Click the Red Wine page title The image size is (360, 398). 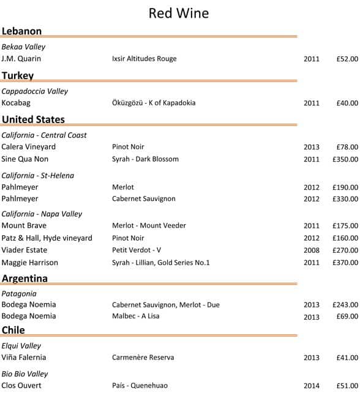[x=179, y=13]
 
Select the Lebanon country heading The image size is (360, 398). [x=21, y=31]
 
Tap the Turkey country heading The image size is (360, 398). [x=18, y=75]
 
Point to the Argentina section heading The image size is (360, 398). [x=24, y=279]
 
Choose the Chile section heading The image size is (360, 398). [x=13, y=330]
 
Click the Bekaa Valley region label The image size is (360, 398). [x=23, y=47]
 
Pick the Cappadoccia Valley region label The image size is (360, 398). [x=35, y=91]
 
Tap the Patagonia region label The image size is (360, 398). [x=19, y=293]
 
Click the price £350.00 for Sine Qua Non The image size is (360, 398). [x=345, y=159]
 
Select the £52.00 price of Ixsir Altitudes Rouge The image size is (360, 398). [x=347, y=59]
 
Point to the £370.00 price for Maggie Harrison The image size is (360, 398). [x=345, y=263]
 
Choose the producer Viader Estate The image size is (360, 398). [x=24, y=250]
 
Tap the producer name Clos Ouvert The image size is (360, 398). [x=21, y=386]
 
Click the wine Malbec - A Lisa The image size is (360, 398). [x=135, y=317]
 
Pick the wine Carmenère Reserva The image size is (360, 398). [x=143, y=358]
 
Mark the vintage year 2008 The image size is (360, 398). [x=312, y=250]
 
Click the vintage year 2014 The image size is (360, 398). [x=312, y=386]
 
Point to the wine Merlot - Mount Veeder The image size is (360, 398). [x=149, y=226]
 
